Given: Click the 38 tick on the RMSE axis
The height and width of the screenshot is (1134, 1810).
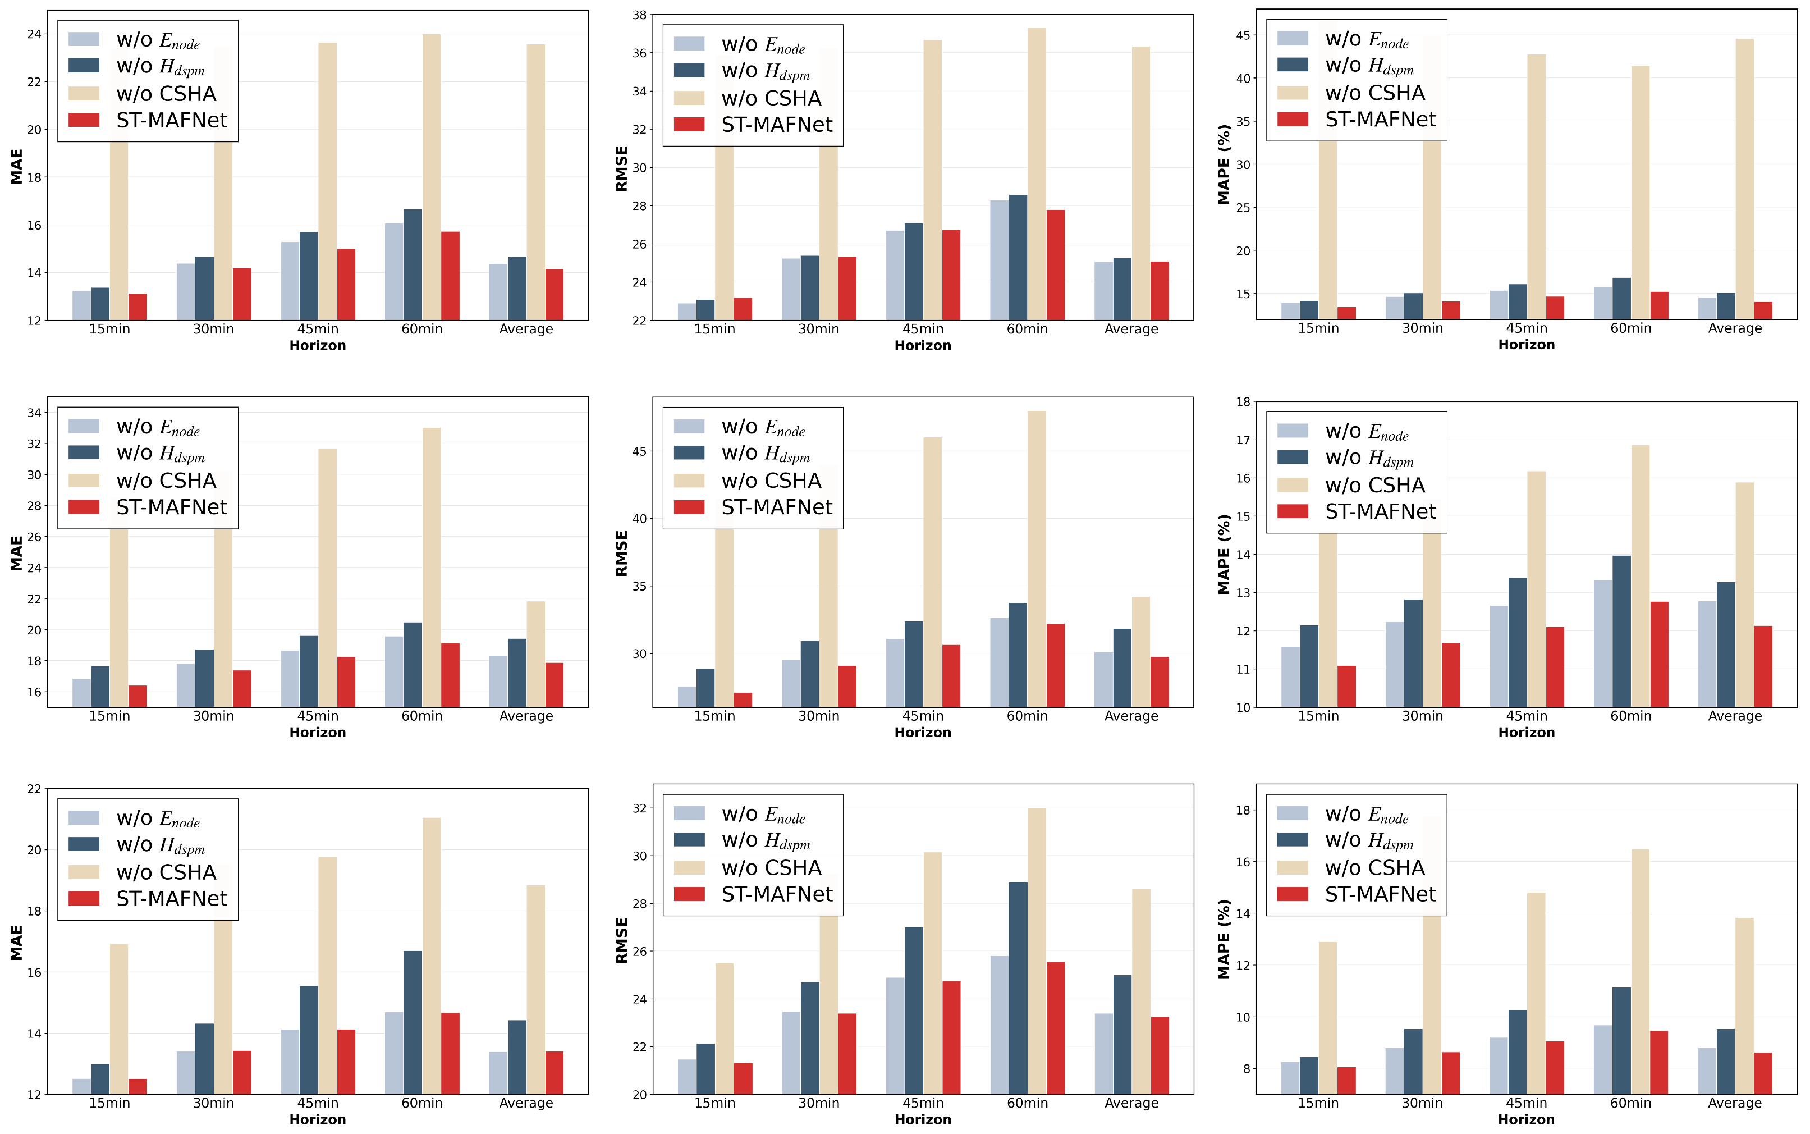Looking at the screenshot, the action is pos(640,15).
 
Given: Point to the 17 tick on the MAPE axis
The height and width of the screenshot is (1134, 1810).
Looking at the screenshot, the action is pos(1243,440).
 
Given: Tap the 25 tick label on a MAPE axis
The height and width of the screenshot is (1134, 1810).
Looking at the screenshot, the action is pos(1243,208).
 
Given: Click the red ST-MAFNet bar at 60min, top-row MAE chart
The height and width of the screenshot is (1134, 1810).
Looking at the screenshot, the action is pos(450,276).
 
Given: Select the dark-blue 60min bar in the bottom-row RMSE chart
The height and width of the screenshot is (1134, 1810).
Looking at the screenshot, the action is pos(1018,989).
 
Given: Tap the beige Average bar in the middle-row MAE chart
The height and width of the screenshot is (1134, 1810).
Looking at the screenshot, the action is pos(536,654).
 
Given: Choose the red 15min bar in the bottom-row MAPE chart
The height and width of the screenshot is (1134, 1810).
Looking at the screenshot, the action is pos(1346,1081).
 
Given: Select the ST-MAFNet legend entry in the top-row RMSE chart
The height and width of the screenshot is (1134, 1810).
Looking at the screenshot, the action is pos(753,125).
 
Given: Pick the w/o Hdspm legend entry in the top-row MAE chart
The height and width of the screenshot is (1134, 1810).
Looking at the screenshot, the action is pos(136,67).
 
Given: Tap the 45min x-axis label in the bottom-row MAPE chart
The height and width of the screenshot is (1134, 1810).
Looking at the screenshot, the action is pos(1527,1103).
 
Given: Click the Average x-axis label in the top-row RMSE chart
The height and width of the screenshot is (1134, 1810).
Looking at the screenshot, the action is pos(1131,329).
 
